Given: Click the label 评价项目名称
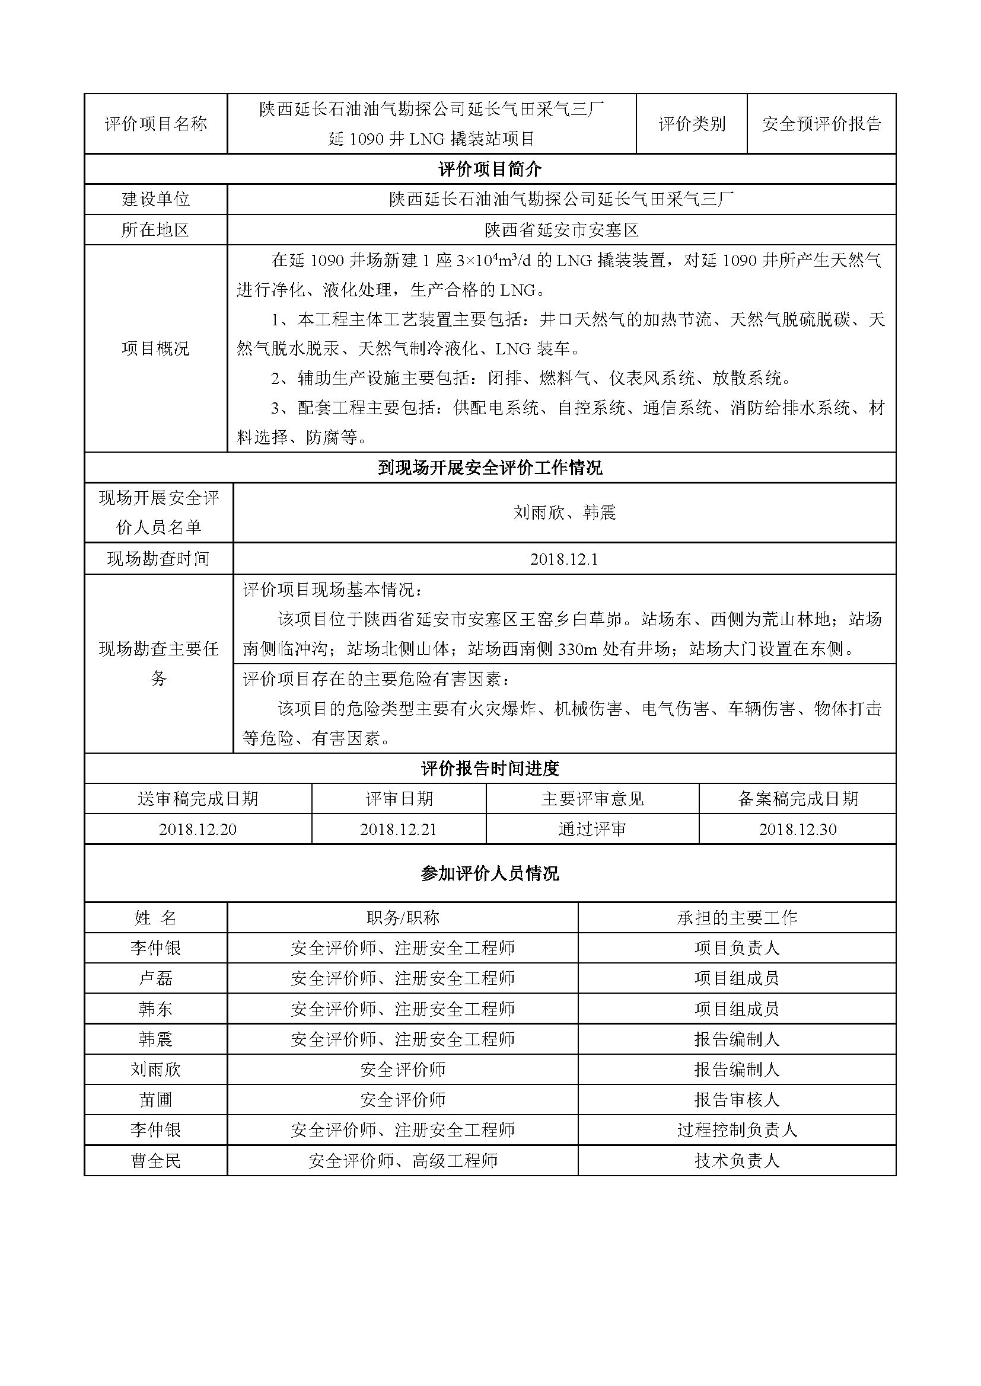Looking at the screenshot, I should (x=156, y=124).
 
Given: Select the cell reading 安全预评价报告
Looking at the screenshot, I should (x=821, y=124).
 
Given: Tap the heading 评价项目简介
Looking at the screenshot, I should (x=490, y=169).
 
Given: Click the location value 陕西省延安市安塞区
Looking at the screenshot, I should (x=561, y=230).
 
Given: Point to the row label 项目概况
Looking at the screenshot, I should (x=156, y=348).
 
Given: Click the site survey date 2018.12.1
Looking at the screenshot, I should (x=563, y=559).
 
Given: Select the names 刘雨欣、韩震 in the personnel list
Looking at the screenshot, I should (x=563, y=513).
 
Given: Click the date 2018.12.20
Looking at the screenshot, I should (x=198, y=830).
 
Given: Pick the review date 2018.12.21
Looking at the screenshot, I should (x=399, y=830).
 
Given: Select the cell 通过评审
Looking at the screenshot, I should (x=592, y=830).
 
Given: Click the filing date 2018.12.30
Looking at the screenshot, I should (x=797, y=830).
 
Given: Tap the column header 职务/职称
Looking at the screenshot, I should (x=402, y=918).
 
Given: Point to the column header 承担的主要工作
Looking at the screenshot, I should (x=737, y=918).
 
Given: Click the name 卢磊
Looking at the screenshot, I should (x=156, y=978).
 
